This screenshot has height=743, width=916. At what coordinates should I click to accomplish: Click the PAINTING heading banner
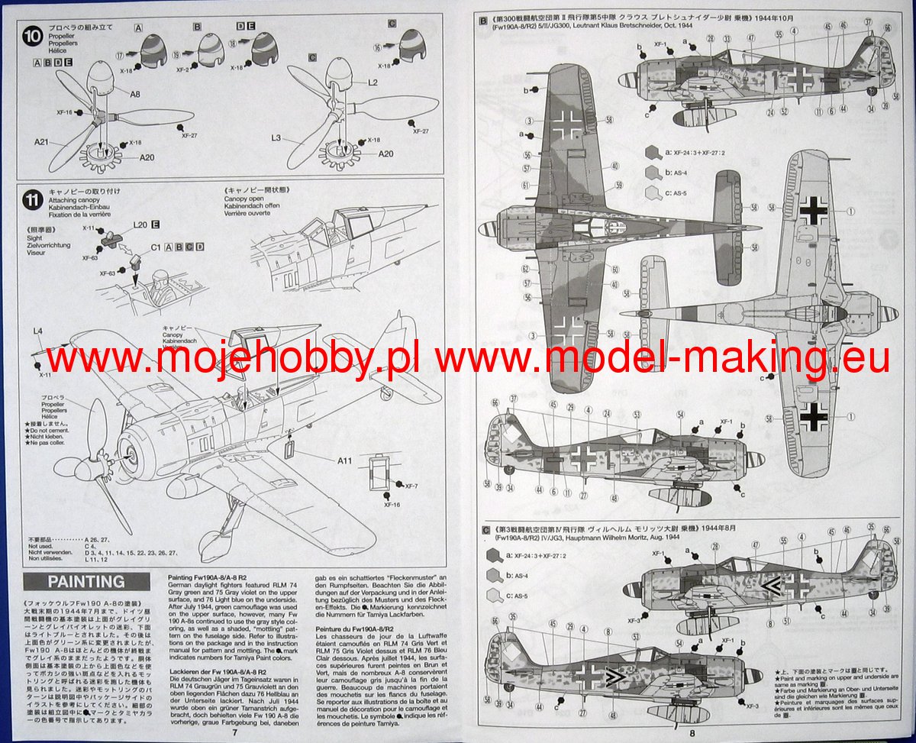click(86, 581)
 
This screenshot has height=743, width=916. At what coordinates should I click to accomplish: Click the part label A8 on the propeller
click(134, 95)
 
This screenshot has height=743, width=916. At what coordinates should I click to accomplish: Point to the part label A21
click(42, 143)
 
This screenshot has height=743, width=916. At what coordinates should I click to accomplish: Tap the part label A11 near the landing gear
click(344, 460)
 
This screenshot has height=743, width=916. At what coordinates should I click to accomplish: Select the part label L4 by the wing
click(40, 331)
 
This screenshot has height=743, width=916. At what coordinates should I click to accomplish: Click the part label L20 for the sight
click(139, 225)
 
